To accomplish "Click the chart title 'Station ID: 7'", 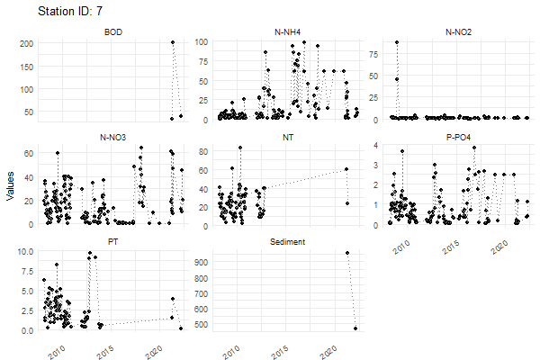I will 76,12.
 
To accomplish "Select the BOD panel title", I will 113,33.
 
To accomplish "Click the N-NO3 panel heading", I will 113,138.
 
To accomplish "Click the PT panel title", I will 113,242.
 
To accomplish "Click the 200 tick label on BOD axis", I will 25,42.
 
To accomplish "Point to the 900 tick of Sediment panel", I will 200,262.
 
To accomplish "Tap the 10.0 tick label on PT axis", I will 25,251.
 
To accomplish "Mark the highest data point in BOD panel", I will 173,42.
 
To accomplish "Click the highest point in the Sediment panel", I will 347,253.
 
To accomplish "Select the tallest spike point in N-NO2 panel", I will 397,42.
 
